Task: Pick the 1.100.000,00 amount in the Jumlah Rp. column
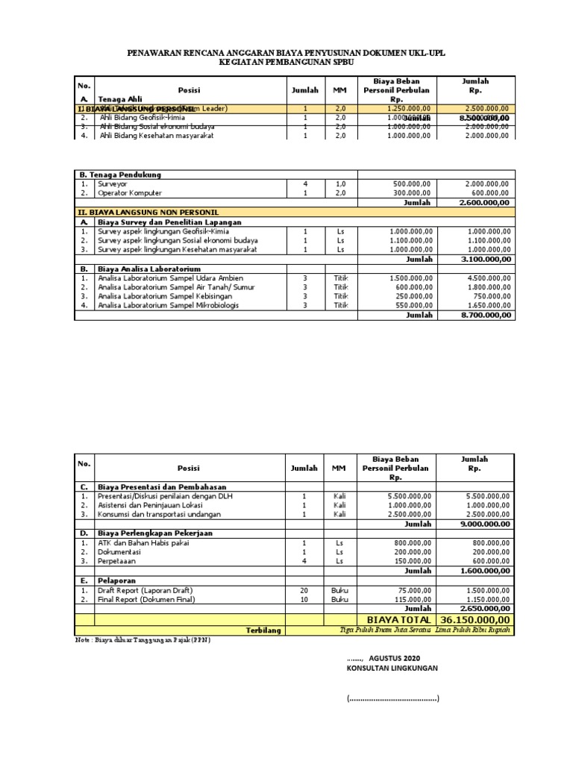pyautogui.click(x=486, y=241)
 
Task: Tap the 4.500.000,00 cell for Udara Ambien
pyautogui.click(x=486, y=278)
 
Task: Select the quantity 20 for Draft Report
pyautogui.click(x=304, y=589)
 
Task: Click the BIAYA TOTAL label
pyautogui.click(x=398, y=619)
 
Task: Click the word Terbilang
pyautogui.click(x=263, y=630)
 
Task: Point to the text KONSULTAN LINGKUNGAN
pyautogui.click(x=392, y=668)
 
